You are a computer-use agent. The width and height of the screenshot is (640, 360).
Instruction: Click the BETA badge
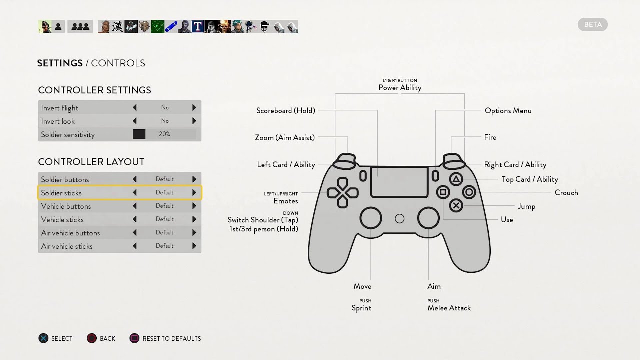[593, 24]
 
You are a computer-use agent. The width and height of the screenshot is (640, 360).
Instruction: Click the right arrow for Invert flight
[194, 108]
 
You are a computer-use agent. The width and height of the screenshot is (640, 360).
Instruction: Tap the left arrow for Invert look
[135, 121]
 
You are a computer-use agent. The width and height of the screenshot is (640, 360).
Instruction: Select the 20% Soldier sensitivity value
[164, 134]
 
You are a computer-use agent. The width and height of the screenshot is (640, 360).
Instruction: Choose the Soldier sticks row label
[61, 193]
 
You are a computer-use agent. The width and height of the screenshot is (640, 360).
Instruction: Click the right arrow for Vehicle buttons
[194, 206]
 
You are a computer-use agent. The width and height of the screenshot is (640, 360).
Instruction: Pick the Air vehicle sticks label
[67, 246]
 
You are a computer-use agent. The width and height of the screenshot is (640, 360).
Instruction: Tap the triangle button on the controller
[456, 179]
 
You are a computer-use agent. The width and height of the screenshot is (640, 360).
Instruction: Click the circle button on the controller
[469, 192]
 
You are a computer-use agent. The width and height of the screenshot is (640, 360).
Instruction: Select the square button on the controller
[443, 192]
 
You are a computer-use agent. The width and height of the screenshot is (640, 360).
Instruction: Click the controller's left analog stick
[371, 218]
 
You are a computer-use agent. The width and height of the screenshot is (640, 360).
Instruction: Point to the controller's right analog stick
[428, 218]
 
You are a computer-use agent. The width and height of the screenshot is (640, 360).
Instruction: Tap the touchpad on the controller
[399, 182]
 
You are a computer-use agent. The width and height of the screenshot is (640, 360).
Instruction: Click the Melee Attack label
[449, 308]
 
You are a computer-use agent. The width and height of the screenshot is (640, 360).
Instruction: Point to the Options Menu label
[508, 111]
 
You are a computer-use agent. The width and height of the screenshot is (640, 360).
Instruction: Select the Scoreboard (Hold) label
[286, 111]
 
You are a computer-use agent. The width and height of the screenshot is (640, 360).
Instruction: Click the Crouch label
[566, 193]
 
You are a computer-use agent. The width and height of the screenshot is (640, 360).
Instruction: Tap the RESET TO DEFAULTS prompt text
[171, 339]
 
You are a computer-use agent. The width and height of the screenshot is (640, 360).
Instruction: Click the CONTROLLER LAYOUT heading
[91, 162]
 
